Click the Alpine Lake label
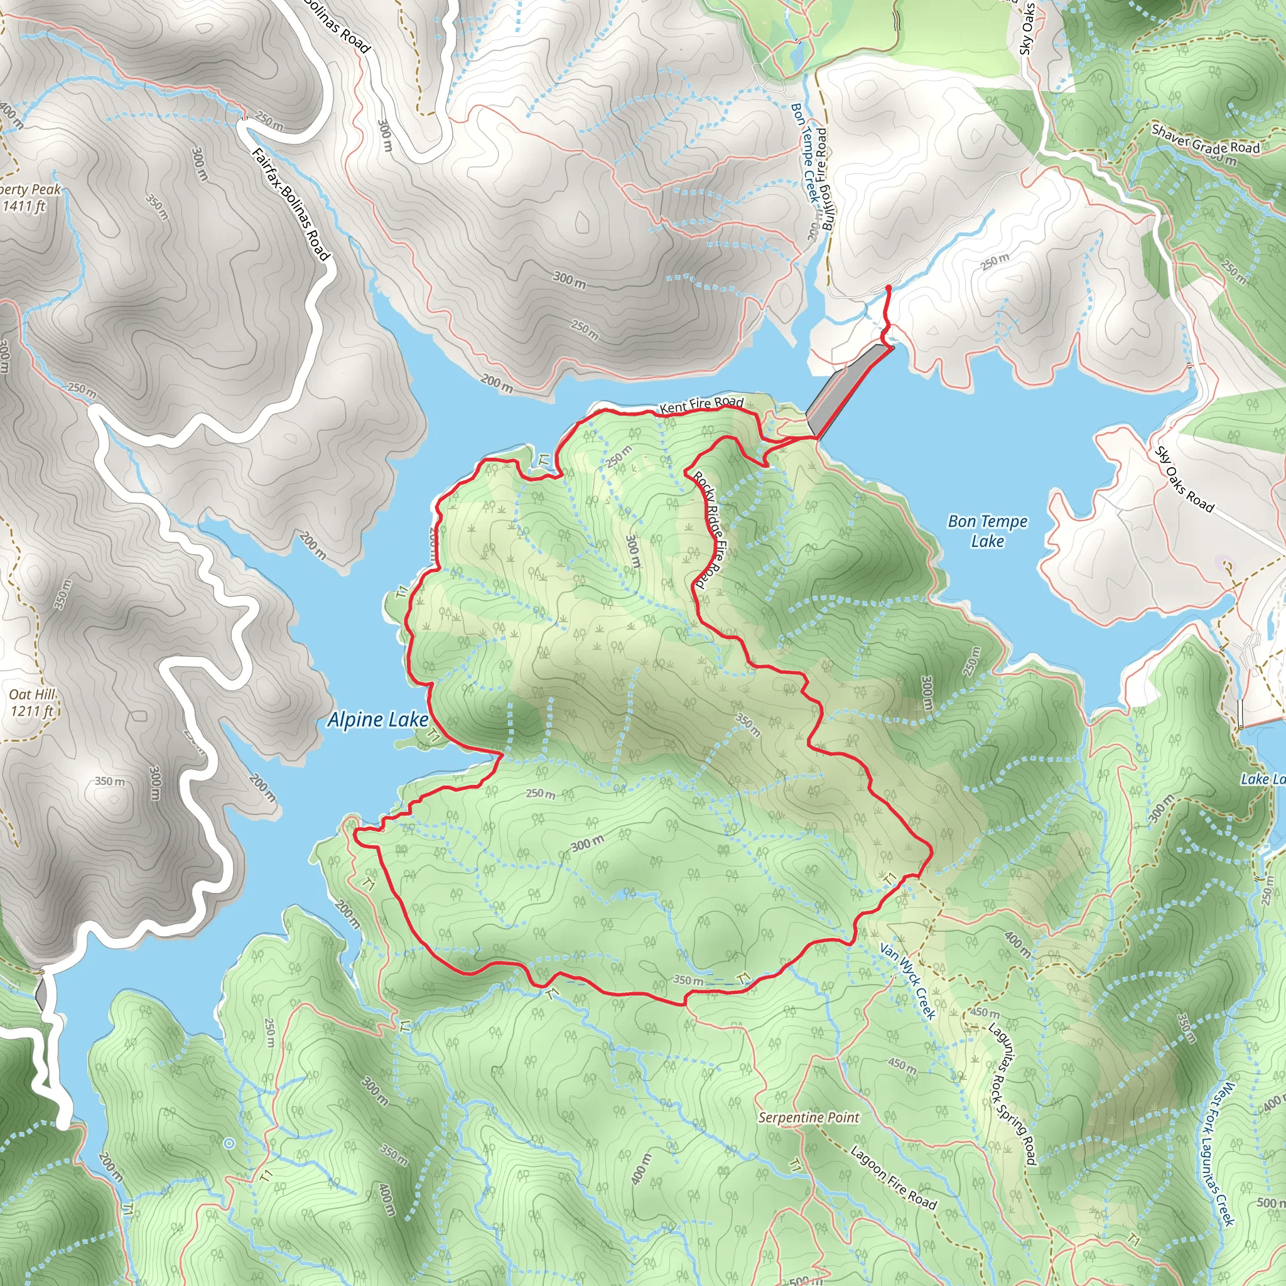point(377,720)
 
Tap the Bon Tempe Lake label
point(988,531)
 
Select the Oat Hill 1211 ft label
point(31,703)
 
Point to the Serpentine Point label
point(809,1118)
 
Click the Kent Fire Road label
point(701,403)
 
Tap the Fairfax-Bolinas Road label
point(291,203)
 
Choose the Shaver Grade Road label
point(1206,139)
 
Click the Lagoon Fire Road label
point(894,1177)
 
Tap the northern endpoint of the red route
point(889,288)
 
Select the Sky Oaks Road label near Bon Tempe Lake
point(1184,479)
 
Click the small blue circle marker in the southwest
point(229,1143)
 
